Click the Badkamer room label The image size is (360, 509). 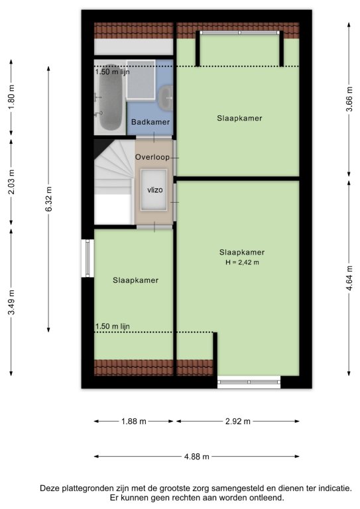click(x=150, y=122)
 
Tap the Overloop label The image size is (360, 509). click(x=152, y=157)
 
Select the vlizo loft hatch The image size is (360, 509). click(x=154, y=190)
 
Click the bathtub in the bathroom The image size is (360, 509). click(x=109, y=97)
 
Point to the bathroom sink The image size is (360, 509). click(x=166, y=97)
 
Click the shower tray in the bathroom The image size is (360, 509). click(x=141, y=80)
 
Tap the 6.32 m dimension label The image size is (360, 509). click(x=48, y=199)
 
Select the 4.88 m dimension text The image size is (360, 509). click(x=197, y=457)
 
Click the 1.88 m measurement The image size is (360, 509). click(x=134, y=422)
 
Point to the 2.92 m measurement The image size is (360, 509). click(x=237, y=422)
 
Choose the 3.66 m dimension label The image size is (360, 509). click(x=349, y=99)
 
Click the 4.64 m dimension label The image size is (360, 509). click(x=349, y=278)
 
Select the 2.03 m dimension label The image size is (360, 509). click(x=11, y=182)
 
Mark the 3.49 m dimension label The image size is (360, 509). click(x=11, y=303)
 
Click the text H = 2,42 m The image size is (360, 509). click(x=242, y=262)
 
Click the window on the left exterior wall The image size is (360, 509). click(x=88, y=258)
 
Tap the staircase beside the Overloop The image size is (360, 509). click(x=114, y=182)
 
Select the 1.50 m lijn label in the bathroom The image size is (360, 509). click(x=112, y=72)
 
